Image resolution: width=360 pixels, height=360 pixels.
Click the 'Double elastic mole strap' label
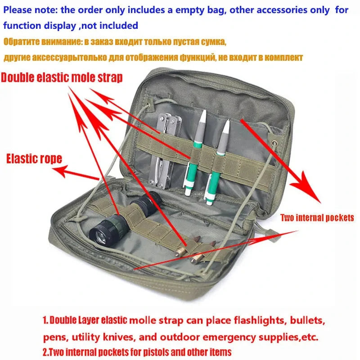[x=62, y=77]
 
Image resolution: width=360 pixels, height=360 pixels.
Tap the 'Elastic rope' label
[x=34, y=158]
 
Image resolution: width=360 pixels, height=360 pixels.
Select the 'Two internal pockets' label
[x=317, y=218]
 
